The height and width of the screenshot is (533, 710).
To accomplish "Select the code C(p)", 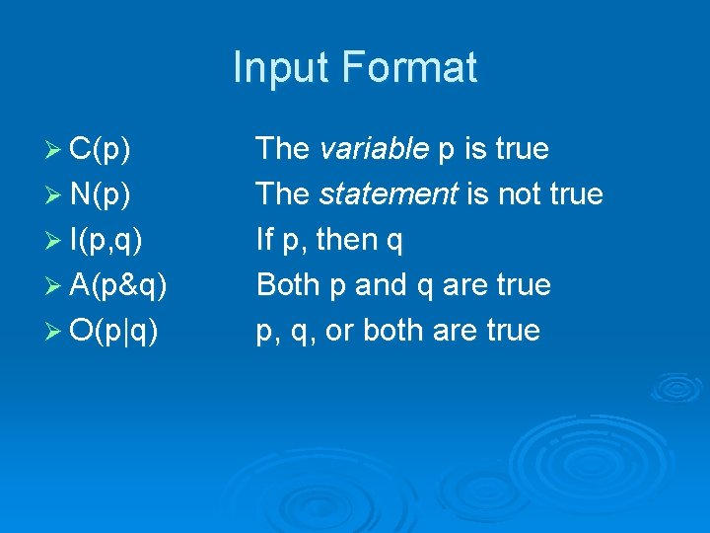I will [104, 149].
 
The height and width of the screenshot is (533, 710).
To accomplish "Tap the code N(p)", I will [104, 194].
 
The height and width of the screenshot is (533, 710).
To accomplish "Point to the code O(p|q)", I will [117, 331].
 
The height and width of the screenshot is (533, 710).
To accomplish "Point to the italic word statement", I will [388, 194].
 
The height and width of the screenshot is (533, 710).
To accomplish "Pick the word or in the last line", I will [339, 331].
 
